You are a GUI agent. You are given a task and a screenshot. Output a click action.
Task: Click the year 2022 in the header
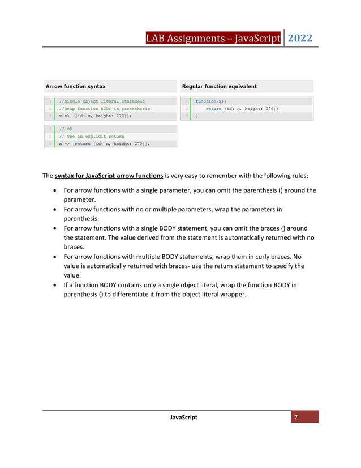300,39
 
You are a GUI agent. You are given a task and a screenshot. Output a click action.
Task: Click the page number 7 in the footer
295,417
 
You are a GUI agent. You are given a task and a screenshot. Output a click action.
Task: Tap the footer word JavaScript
183,418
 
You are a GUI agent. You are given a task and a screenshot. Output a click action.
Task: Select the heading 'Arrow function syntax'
75,86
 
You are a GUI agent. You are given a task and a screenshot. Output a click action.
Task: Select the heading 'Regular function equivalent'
219,86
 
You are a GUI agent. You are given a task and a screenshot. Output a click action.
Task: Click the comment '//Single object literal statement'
102,101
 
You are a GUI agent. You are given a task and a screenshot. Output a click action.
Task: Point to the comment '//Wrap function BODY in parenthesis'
105,108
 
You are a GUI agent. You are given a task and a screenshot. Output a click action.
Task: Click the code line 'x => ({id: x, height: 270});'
95,116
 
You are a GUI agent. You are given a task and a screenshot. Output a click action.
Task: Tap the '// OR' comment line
66,129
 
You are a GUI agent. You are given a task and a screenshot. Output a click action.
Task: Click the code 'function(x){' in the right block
210,101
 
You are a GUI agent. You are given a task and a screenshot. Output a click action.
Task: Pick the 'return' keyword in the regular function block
213,108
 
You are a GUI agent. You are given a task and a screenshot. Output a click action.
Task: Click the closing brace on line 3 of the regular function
197,116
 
